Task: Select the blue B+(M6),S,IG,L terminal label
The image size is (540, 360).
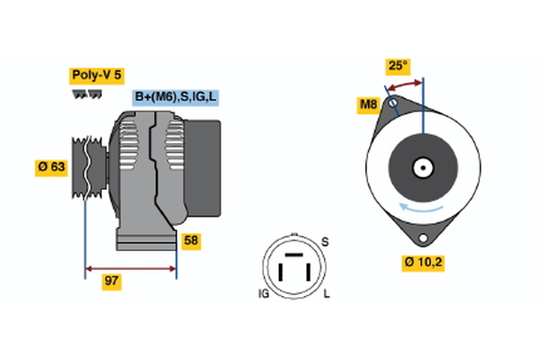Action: [x=176, y=97]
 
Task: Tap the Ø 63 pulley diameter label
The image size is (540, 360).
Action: [x=52, y=168]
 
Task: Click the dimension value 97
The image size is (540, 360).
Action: [x=112, y=282]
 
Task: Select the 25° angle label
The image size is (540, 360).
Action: [x=397, y=66]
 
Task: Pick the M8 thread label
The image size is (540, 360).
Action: [x=368, y=106]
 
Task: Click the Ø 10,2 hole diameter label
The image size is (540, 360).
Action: [x=423, y=263]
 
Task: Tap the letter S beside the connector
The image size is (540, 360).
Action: [x=325, y=242]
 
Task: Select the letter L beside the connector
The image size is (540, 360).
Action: [x=325, y=294]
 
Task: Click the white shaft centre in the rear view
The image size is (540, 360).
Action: [x=421, y=167]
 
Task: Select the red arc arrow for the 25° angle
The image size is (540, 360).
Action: [x=404, y=84]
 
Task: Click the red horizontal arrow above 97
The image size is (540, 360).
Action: [x=130, y=268]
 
